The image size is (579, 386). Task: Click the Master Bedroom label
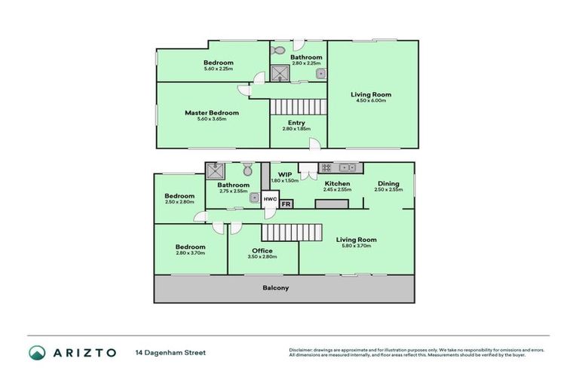[x=212, y=113]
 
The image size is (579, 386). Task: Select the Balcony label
[x=275, y=288]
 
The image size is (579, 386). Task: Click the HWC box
[x=270, y=199]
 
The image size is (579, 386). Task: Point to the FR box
[x=286, y=204]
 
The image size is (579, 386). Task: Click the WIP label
[x=284, y=174]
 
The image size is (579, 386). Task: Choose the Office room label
[x=262, y=250]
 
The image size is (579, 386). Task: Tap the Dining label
[x=388, y=183]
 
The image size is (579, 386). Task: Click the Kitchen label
[x=337, y=183]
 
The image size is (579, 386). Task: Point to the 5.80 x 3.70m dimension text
[x=357, y=246]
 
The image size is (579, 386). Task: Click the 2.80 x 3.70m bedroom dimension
[x=190, y=253]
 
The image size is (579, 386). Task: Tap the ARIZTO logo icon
[x=36, y=352]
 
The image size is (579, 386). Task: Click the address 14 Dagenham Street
[x=170, y=352]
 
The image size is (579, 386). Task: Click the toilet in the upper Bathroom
[x=277, y=51]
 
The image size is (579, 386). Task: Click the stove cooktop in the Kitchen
[x=327, y=167]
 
